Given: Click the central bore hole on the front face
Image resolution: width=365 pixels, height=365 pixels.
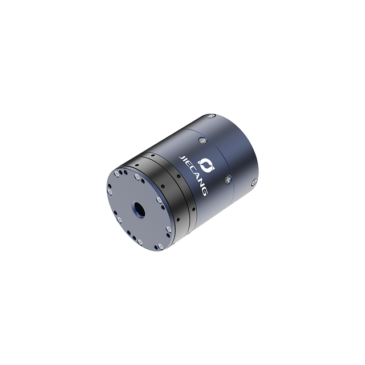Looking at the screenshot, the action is point(139,208).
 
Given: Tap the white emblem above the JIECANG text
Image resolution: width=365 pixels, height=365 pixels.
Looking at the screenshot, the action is point(206,164).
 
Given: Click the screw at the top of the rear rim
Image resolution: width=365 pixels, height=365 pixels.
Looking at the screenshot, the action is point(211,115).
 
